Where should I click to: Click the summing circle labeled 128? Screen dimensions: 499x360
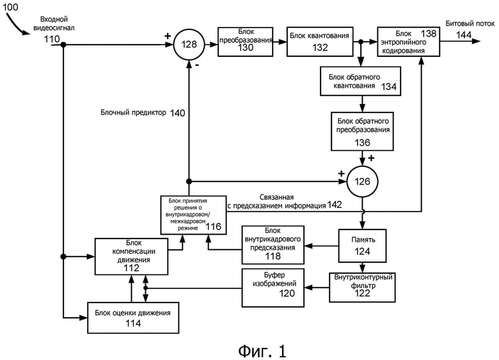click(189, 44)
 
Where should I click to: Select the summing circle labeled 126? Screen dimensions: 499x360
click(362, 182)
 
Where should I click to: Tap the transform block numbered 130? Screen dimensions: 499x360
click(246, 42)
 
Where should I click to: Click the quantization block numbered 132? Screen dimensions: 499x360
click(320, 42)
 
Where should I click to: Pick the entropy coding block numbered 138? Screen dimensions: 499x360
click(409, 42)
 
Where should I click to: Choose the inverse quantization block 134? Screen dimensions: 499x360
click(360, 81)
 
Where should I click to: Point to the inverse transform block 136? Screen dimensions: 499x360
click(362, 131)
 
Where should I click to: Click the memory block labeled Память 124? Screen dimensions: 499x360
click(362, 246)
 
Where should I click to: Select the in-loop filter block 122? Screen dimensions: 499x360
click(362, 287)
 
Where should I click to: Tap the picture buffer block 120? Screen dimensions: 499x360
click(273, 288)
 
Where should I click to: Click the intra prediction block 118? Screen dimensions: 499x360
click(273, 245)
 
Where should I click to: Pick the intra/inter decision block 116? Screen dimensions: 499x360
click(193, 215)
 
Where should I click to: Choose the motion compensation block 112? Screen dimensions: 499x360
click(131, 256)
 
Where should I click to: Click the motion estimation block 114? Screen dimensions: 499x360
click(133, 318)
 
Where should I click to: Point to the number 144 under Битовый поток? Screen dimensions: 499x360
click(463, 35)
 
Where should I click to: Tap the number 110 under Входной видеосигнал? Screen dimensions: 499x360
click(52, 39)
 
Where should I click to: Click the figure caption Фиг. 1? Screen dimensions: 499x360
click(262, 351)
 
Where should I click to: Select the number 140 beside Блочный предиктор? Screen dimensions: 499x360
click(177, 113)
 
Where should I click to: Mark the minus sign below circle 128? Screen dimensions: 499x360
click(197, 65)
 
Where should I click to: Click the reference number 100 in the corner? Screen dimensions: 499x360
click(10, 6)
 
